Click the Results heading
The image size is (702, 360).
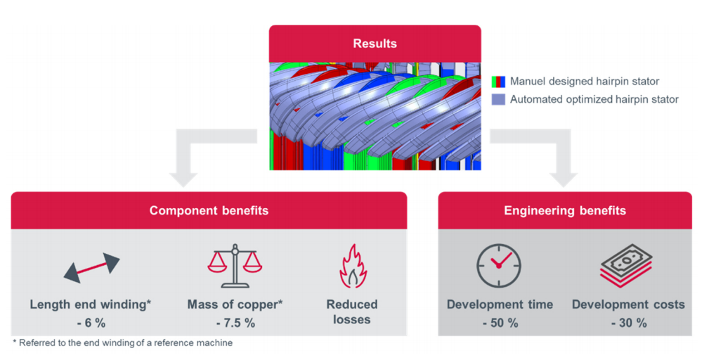pos(375,44)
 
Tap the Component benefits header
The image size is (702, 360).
pos(209,210)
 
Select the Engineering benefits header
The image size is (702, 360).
pos(564,210)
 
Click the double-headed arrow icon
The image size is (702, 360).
pos(92,268)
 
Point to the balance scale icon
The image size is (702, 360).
pos(235,266)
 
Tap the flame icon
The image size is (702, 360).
pos(353,266)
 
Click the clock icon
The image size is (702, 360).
pos(499,266)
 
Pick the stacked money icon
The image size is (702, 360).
pos(626,265)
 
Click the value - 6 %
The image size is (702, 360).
pos(91,323)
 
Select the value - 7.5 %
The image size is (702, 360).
pos(235,323)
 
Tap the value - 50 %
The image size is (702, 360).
pos(500,323)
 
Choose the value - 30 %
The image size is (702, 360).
pos(629,323)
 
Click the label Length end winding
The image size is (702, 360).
pos(89,305)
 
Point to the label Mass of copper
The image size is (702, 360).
pos(233,305)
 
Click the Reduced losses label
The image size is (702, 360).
pos(352,312)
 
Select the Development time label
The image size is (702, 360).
pos(500,305)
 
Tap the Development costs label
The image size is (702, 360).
pos(628,305)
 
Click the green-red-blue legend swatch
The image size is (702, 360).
pos(498,82)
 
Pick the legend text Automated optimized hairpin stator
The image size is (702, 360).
pos(594,99)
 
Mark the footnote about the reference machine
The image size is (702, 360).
pos(123,343)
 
